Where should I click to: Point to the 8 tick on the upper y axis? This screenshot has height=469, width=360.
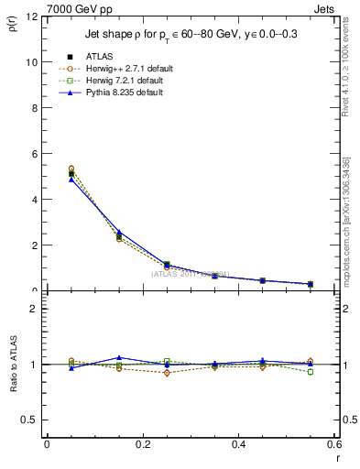pos(35,108)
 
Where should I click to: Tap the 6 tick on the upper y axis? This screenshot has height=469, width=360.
pos(35,154)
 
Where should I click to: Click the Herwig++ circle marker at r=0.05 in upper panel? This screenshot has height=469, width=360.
pos(71,169)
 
